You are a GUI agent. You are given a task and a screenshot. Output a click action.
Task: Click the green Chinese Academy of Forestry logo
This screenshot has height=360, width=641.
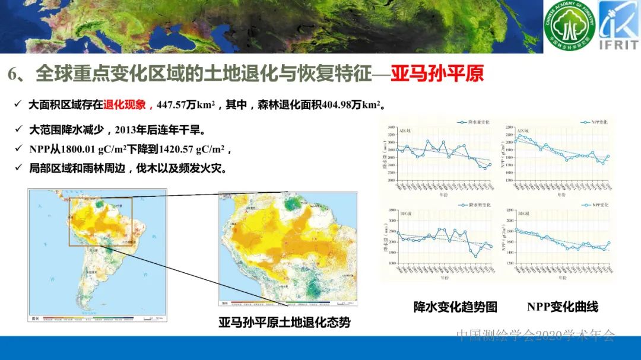coord(569,27)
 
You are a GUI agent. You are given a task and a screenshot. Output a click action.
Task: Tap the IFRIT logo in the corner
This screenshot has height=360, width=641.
coord(618,26)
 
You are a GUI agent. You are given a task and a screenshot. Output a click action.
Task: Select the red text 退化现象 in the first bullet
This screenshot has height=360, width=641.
coord(124,106)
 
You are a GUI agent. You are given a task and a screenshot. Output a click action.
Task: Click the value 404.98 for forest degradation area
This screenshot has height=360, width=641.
coord(340,106)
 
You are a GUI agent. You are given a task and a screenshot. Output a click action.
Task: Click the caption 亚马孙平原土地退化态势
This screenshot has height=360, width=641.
coord(284,323)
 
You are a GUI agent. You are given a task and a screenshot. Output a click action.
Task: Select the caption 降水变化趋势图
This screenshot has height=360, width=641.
coord(455,307)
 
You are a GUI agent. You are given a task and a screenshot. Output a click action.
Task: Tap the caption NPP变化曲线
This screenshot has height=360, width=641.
coord(562,307)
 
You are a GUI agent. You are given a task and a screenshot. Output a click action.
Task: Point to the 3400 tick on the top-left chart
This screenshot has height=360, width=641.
coord(391,128)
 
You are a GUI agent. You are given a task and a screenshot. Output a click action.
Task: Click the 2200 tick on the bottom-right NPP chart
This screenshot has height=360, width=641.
coord(509,211)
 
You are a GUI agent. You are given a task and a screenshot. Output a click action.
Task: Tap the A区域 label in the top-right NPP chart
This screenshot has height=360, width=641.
coord(523,131)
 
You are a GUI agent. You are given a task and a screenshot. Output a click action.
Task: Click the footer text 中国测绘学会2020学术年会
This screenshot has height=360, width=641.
coord(535,336)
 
